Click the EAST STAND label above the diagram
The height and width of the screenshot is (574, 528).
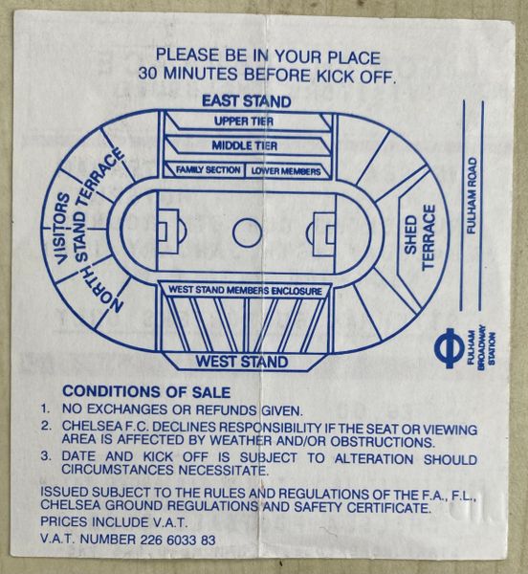coord(246,101)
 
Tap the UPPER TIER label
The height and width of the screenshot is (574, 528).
coord(244,121)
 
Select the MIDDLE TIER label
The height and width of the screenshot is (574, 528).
coord(245,145)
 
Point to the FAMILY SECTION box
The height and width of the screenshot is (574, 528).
coord(204,170)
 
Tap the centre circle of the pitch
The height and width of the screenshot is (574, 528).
coord(247,232)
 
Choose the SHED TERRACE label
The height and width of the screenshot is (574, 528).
coord(419,237)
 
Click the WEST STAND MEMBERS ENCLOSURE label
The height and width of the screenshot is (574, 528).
coord(245,291)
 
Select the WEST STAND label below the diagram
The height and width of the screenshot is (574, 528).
coord(242,362)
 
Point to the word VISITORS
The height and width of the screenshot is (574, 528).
coord(62,229)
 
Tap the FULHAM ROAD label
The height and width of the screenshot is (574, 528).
coord(473,195)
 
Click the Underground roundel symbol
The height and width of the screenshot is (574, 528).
coord(450,348)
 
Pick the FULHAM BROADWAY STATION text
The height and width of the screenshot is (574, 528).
coord(481,344)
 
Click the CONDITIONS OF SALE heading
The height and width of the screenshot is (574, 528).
coord(146,391)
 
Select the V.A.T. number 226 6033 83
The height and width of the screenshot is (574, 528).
coord(178,540)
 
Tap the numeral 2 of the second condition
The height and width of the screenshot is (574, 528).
coord(45,426)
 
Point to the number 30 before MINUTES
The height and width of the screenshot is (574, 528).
coord(148,74)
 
